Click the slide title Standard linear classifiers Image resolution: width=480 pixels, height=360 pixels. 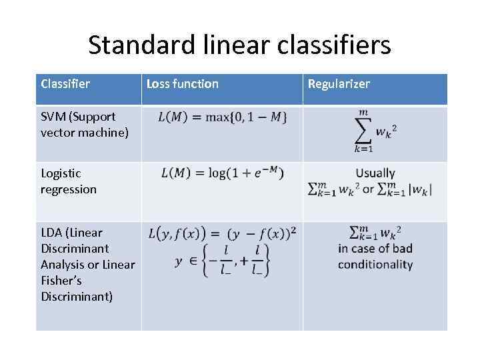click(x=239, y=45)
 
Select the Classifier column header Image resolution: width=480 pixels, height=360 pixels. click(x=65, y=84)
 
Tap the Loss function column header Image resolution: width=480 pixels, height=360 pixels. click(x=182, y=84)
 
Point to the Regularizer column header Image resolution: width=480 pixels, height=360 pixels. click(x=338, y=84)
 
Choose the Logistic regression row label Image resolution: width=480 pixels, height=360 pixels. click(x=69, y=181)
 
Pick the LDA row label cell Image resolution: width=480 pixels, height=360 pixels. click(x=87, y=264)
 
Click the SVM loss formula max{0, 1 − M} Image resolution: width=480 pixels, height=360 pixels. click(x=223, y=117)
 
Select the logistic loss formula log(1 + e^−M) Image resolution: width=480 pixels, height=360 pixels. click(x=222, y=173)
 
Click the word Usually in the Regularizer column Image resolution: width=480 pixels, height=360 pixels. click(x=375, y=173)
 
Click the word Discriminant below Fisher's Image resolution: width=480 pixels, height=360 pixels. click(x=77, y=296)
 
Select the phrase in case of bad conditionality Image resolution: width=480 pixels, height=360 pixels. click(x=375, y=257)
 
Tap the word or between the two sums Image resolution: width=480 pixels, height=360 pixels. click(x=369, y=189)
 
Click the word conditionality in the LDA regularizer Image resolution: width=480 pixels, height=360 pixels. click(x=375, y=265)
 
